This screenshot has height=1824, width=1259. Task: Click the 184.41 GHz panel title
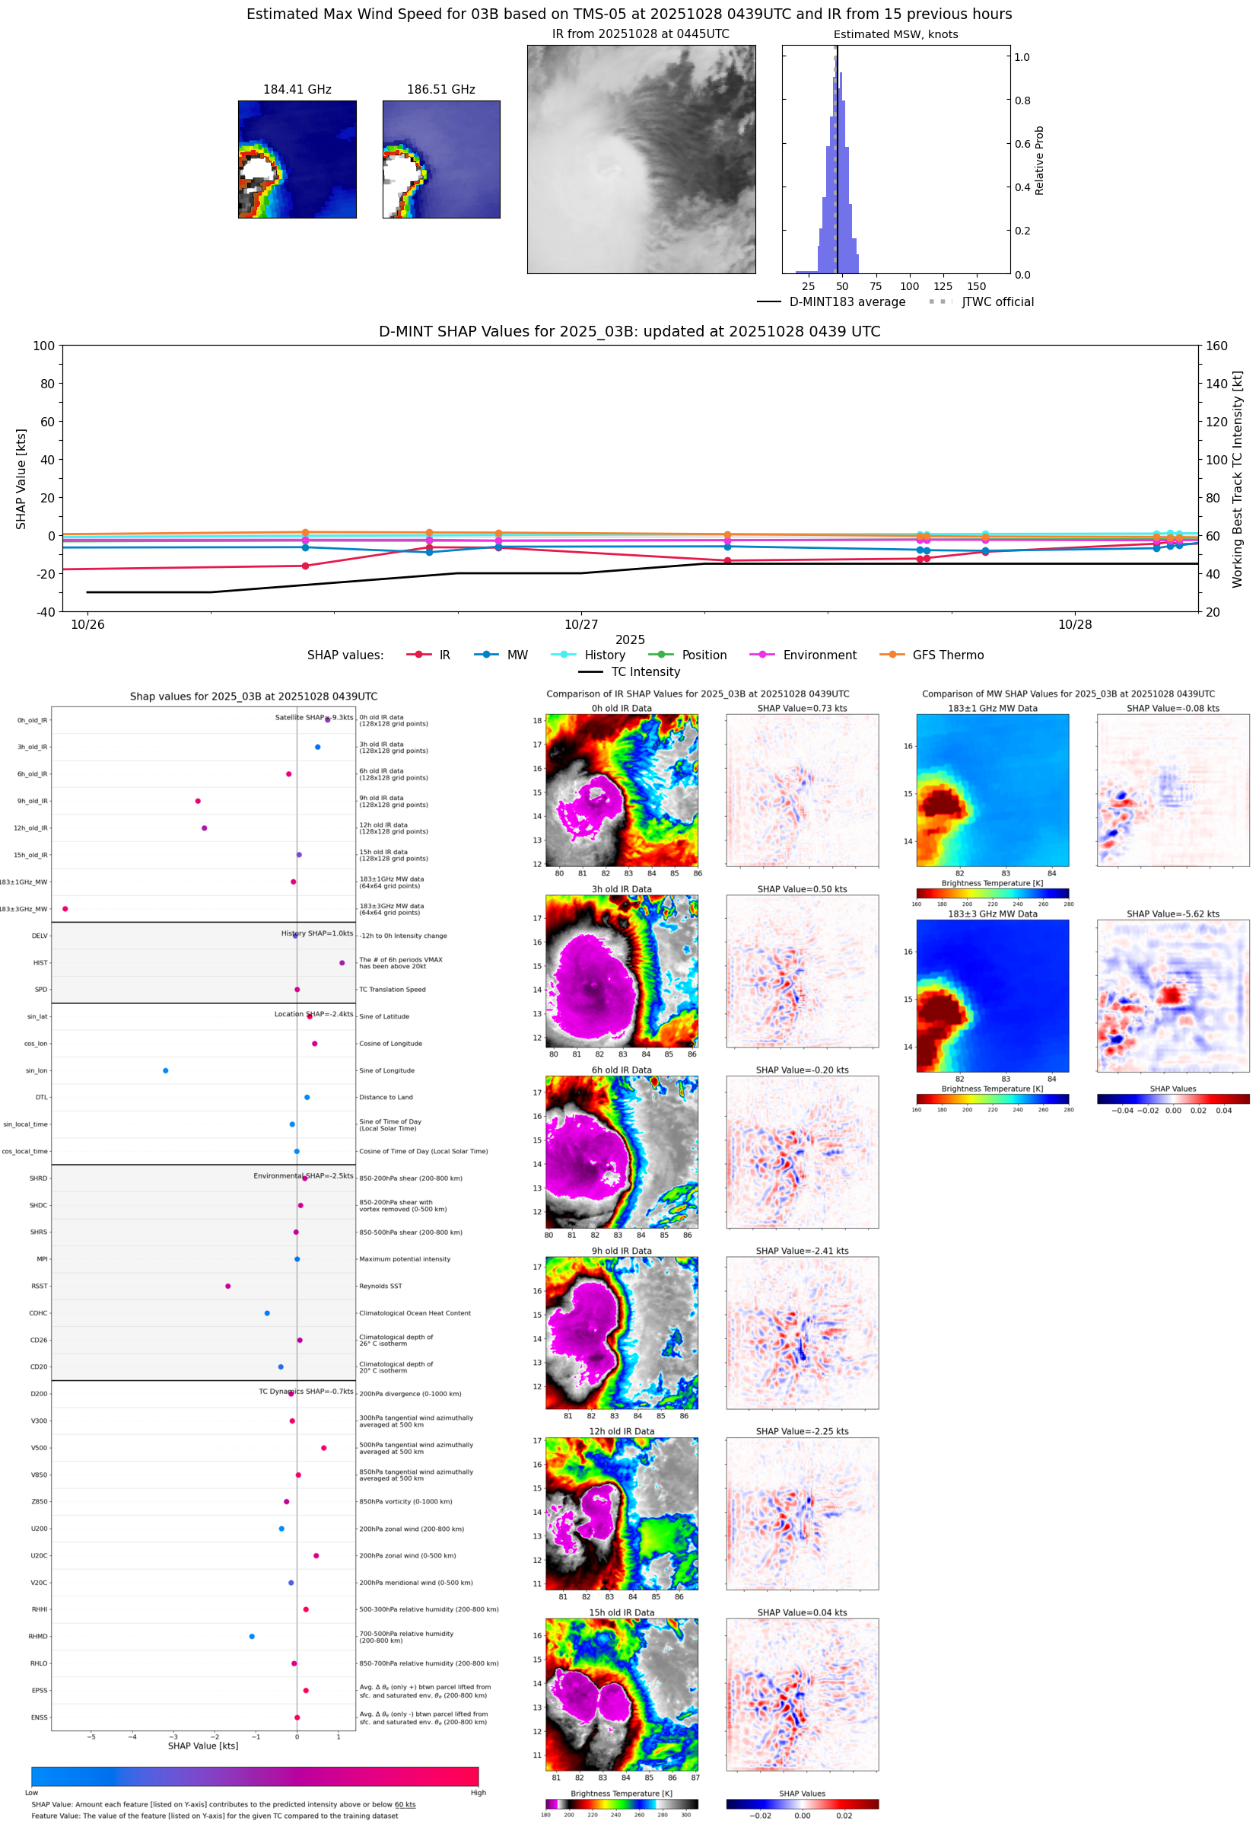[297, 90]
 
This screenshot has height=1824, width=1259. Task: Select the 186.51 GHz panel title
[440, 90]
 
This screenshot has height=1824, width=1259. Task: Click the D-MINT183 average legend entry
[847, 302]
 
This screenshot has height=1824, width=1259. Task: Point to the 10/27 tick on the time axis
[580, 624]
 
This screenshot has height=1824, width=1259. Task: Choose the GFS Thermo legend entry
[947, 655]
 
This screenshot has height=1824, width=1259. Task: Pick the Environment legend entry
[819, 655]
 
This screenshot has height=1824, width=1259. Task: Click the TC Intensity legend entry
[644, 671]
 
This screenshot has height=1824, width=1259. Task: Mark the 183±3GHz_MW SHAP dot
[65, 908]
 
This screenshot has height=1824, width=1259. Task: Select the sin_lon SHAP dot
[166, 1070]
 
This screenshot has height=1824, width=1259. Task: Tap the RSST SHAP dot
[228, 1286]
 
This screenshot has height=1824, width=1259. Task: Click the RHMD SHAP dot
[252, 1636]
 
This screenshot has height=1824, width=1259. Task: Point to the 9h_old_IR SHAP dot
[198, 801]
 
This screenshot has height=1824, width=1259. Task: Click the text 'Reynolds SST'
[380, 1286]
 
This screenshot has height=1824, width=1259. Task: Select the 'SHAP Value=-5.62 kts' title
[1172, 914]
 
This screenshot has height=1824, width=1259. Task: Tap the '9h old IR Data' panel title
[622, 1251]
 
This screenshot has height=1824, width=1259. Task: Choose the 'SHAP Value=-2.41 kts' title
[802, 1251]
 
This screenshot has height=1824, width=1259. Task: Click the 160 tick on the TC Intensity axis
[1216, 346]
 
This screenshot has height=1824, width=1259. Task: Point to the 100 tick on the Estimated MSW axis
[909, 286]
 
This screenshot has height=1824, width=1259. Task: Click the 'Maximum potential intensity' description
[405, 1259]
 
